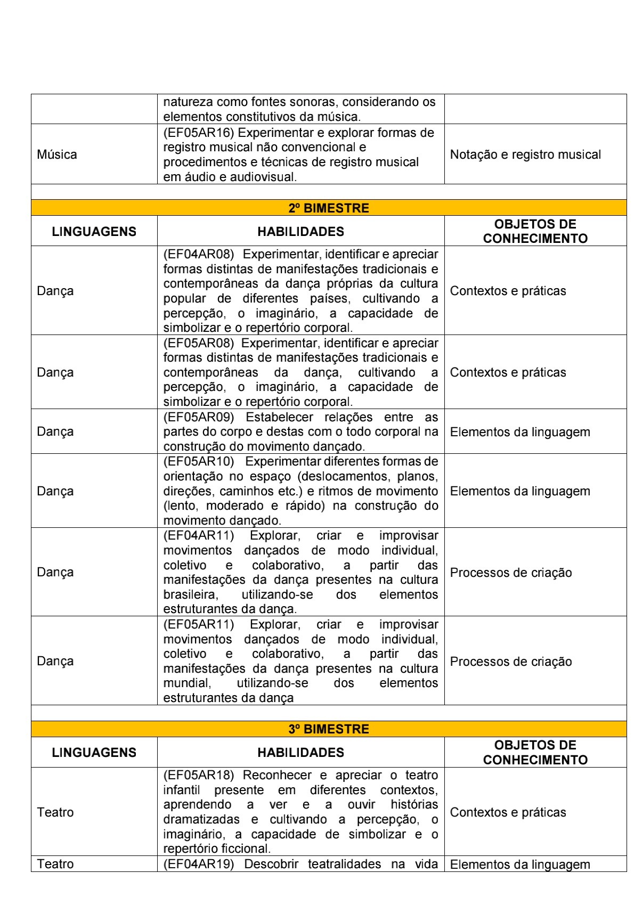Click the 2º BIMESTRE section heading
click(328, 208)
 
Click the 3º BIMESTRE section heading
click(328, 729)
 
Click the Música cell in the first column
click(57, 154)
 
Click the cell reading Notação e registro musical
click(525, 154)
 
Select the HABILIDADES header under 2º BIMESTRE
click(300, 232)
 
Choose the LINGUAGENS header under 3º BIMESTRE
click(94, 752)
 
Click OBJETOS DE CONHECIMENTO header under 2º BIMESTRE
click(535, 231)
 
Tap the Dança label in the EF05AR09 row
click(55, 431)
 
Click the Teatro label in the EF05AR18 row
click(55, 812)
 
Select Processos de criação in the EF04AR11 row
click(510, 573)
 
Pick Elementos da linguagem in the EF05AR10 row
click(520, 491)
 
